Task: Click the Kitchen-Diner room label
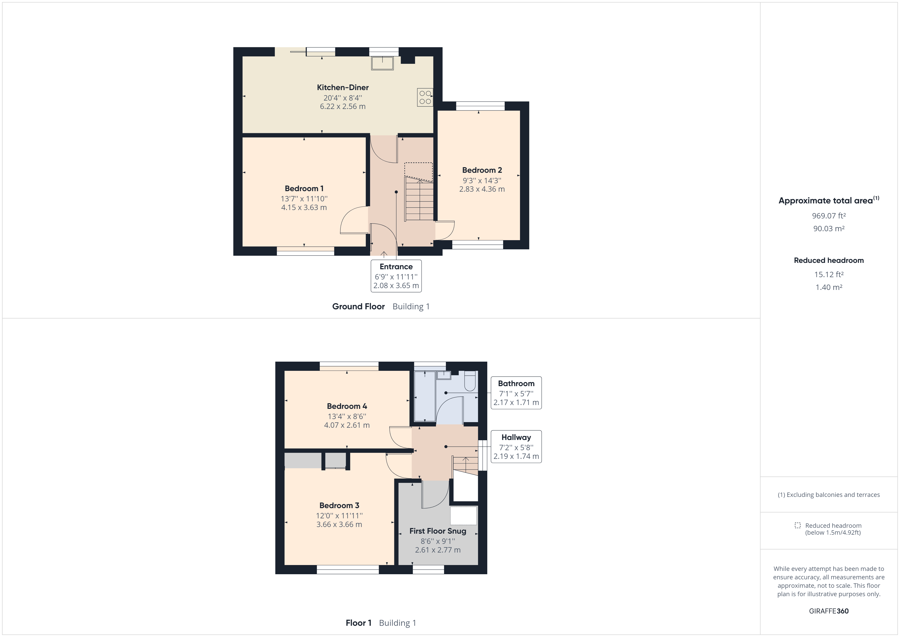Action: pyautogui.click(x=342, y=88)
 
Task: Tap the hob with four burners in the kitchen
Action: pyautogui.click(x=425, y=97)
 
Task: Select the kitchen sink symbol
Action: pyautogui.click(x=382, y=63)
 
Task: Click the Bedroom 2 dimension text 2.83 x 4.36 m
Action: pyautogui.click(x=482, y=189)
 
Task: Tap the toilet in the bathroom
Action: pyautogui.click(x=470, y=381)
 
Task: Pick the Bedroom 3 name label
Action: pyautogui.click(x=339, y=505)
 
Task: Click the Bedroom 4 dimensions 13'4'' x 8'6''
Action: pyautogui.click(x=347, y=416)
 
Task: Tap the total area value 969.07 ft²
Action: pyautogui.click(x=829, y=216)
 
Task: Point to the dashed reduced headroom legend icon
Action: pyautogui.click(x=797, y=525)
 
